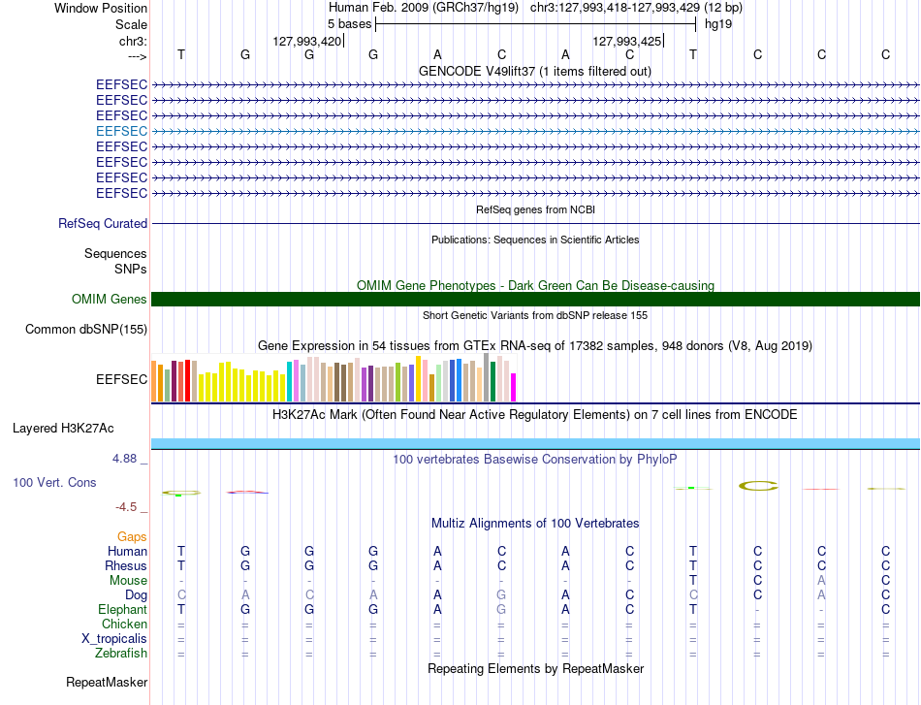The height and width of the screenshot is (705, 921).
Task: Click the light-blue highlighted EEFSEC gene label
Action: (121, 131)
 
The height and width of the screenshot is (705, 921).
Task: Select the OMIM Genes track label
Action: (110, 299)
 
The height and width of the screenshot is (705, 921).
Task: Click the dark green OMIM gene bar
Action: (535, 299)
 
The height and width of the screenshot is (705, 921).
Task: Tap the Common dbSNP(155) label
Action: (86, 329)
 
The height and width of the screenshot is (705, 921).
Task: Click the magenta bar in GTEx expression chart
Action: (514, 387)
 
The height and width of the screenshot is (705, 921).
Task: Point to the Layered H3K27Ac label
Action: (63, 429)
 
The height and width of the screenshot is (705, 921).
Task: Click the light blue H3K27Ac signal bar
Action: (535, 443)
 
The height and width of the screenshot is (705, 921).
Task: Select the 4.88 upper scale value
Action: (124, 459)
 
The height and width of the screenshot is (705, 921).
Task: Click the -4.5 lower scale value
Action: (126, 506)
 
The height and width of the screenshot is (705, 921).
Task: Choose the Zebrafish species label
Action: (121, 653)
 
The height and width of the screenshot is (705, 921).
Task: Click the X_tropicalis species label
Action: (114, 639)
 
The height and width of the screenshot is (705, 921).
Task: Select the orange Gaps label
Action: (132, 536)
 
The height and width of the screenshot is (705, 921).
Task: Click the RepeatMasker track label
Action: (107, 682)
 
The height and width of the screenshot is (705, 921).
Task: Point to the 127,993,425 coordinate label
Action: (626, 41)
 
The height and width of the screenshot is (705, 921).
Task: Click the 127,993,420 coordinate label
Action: (306, 41)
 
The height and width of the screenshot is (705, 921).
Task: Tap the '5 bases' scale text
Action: (349, 24)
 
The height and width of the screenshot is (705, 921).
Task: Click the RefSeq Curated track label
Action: (103, 223)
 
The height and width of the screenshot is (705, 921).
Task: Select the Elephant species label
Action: (122, 609)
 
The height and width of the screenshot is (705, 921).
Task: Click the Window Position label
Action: (101, 8)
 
